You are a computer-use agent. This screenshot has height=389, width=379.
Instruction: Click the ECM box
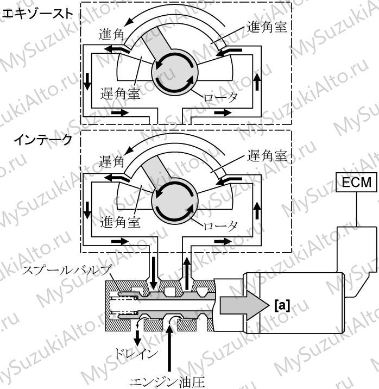[x=356, y=182]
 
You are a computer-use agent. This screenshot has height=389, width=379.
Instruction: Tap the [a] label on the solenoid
[x=282, y=305]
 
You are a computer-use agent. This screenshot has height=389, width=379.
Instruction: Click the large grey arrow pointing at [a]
[x=245, y=305]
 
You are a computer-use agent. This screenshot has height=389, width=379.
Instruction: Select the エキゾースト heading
[x=36, y=14]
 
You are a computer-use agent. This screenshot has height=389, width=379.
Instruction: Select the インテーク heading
[x=43, y=140]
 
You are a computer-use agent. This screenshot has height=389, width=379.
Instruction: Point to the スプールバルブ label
[x=66, y=270]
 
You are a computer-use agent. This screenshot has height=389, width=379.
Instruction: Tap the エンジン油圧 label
[x=168, y=382]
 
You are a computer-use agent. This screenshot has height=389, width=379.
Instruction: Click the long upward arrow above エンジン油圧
[x=169, y=348]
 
